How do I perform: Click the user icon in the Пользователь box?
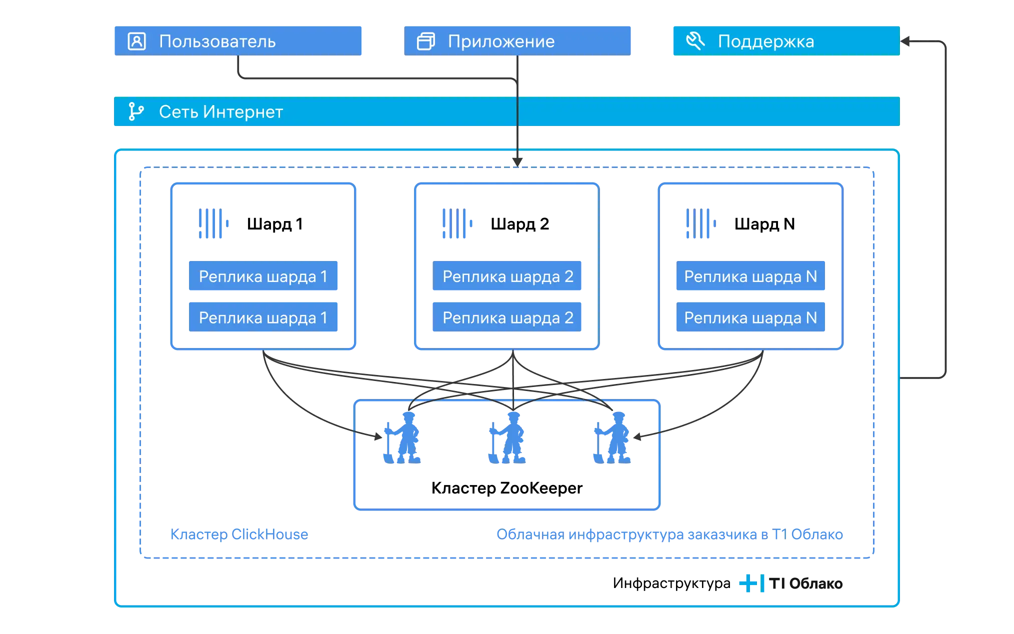click(x=136, y=41)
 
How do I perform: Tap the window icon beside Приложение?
click(x=426, y=41)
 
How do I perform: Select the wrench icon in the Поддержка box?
click(x=695, y=40)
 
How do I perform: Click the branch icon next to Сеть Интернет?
click(x=135, y=111)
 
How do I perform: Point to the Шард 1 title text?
click(x=275, y=224)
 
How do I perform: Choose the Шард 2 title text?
click(x=520, y=224)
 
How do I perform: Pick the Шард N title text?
click(x=764, y=224)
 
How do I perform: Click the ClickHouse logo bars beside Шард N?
click(x=701, y=223)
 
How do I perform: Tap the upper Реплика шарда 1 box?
click(x=263, y=275)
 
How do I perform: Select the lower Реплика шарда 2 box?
click(x=507, y=317)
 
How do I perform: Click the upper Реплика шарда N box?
click(x=750, y=275)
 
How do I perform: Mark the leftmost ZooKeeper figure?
click(x=402, y=438)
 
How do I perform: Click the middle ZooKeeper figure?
click(x=507, y=438)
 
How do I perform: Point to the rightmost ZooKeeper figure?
click(x=612, y=438)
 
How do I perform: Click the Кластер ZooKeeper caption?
click(x=507, y=488)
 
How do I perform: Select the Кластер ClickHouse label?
click(x=239, y=534)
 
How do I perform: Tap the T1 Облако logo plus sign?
click(x=748, y=583)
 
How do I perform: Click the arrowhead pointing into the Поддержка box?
click(x=904, y=41)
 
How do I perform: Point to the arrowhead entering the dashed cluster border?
click(x=517, y=162)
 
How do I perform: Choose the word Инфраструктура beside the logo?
click(x=671, y=583)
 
